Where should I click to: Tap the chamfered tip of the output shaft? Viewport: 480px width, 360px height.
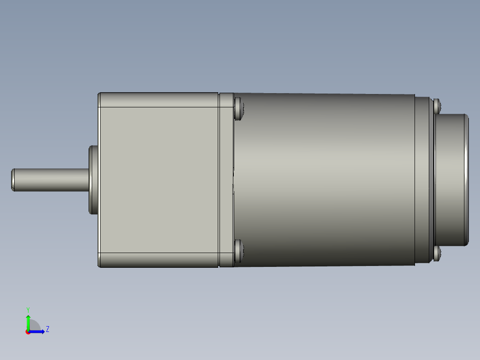[13, 180]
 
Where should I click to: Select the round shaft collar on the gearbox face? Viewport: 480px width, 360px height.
[93, 180]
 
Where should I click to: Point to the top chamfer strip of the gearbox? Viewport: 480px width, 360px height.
[158, 100]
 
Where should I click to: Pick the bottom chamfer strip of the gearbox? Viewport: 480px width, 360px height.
[158, 260]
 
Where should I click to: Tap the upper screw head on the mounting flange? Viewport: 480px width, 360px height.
[239, 109]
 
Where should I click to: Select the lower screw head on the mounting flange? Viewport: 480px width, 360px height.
[239, 250]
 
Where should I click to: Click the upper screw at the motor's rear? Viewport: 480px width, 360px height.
[437, 106]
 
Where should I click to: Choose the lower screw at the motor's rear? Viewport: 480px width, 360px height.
[437, 254]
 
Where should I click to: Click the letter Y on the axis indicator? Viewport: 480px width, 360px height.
[28, 309]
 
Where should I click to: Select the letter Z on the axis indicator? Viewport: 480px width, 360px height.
[47, 329]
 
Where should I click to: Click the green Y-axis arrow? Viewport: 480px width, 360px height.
[28, 322]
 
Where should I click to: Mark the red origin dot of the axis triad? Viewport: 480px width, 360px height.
[28, 332]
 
